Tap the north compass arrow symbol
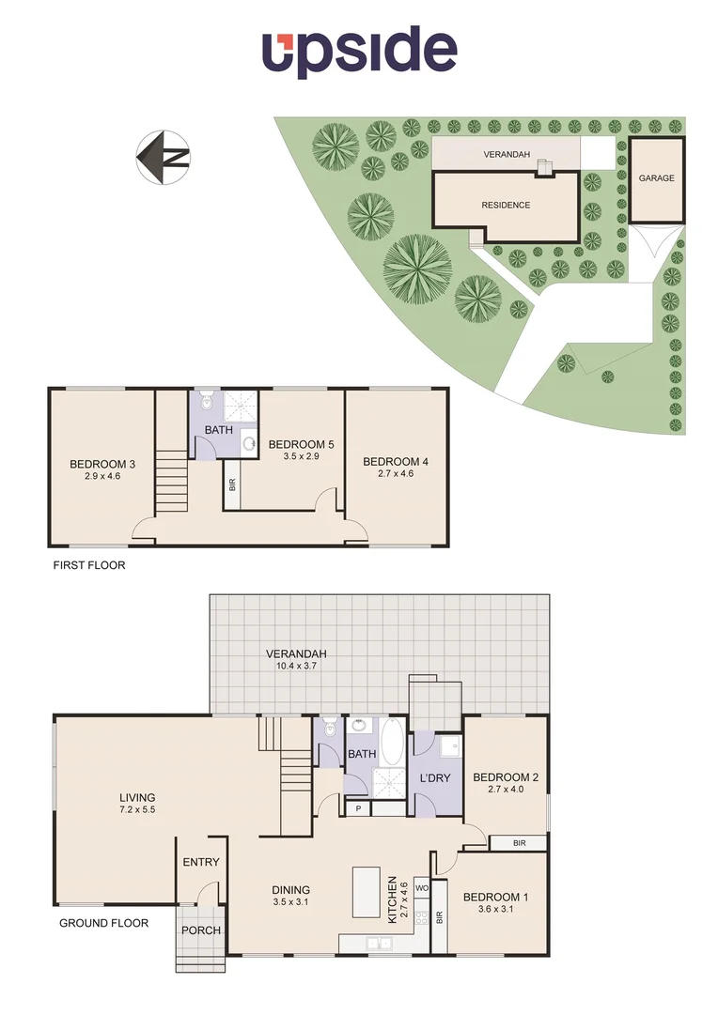(164, 157)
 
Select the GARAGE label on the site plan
(656, 177)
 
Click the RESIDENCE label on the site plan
(506, 205)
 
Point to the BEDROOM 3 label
(102, 463)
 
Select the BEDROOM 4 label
(396, 461)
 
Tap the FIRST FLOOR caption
(87, 566)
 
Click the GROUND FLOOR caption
(103, 923)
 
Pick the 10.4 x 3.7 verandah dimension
(297, 665)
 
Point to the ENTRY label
(201, 862)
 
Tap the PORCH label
(201, 930)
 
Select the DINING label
(290, 890)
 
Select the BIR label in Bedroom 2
(519, 843)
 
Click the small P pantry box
(357, 808)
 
